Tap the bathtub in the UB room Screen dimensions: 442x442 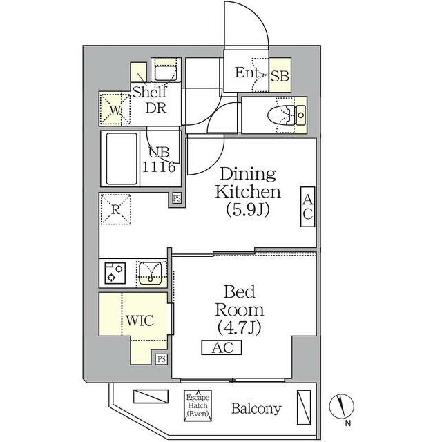tap(122, 159)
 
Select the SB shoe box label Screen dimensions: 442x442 tap(280, 76)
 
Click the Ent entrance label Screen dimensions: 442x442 tap(247, 73)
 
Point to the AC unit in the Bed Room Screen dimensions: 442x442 tap(222, 347)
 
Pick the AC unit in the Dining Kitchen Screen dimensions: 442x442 tap(307, 206)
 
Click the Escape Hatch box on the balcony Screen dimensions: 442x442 tap(198, 405)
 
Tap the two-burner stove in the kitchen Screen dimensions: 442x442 tap(115, 273)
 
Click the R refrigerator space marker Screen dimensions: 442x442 tap(116, 209)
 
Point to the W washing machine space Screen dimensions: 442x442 tap(115, 109)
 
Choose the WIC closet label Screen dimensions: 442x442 tap(140, 320)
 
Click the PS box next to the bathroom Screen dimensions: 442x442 tap(177, 198)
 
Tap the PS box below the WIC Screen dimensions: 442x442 tap(161, 359)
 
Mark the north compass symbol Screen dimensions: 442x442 tap(342, 407)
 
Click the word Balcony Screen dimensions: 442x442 tap(256, 408)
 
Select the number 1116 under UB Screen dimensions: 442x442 tap(159, 166)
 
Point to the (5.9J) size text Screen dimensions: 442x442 tap(248, 210)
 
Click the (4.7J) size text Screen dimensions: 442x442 tap(240, 327)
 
